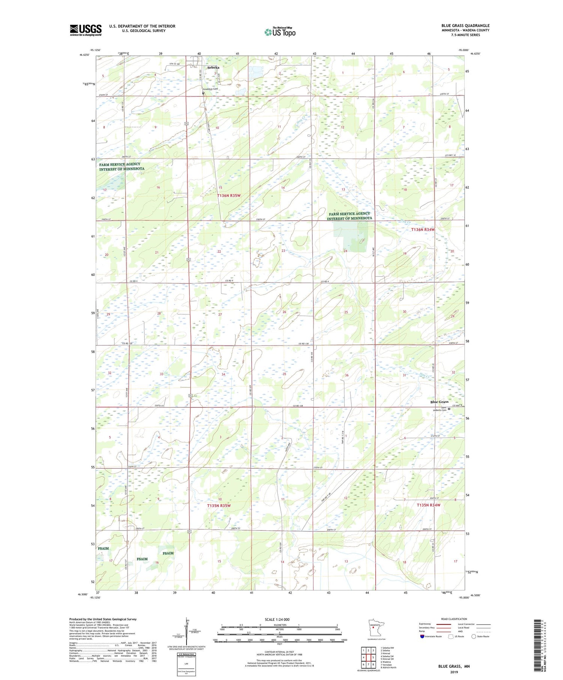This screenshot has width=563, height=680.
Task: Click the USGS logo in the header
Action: click(86, 30)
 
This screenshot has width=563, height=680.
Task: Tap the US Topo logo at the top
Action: click(280, 32)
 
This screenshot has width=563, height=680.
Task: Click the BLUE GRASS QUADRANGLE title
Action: click(465, 26)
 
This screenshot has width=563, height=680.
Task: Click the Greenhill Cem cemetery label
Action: click(210, 89)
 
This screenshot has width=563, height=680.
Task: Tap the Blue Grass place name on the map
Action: click(439, 402)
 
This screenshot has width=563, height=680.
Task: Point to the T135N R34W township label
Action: click(428, 505)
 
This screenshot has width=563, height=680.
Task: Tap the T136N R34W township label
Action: click(423, 229)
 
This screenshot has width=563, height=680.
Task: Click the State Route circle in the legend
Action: click(474, 636)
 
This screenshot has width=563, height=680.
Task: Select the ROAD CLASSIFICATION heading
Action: click(454, 619)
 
